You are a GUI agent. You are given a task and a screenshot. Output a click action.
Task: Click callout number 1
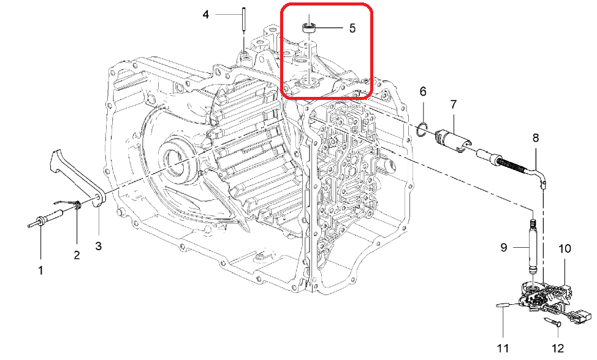click(40, 271)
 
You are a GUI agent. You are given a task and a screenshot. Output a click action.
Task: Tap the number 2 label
click(77, 255)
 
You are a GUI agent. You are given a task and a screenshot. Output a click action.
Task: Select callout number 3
click(99, 246)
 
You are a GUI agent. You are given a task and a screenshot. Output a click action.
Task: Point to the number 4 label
click(205, 15)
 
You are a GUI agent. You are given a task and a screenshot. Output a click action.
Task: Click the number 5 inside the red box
click(352, 28)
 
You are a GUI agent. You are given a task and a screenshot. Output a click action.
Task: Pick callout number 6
click(423, 91)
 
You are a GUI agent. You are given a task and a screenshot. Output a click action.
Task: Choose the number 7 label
click(453, 104)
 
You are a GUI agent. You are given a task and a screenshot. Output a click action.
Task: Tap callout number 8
click(536, 137)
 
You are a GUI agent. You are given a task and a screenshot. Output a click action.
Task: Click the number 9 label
click(504, 248)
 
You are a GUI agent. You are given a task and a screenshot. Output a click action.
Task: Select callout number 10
click(565, 249)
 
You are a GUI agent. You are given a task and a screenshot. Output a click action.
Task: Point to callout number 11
click(503, 348)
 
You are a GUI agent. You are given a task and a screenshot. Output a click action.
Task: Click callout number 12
click(557, 348)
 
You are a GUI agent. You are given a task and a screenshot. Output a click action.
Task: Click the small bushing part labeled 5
click(309, 28)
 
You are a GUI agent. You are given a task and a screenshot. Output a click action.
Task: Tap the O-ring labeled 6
click(423, 129)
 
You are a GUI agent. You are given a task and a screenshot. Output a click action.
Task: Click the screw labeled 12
click(552, 321)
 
